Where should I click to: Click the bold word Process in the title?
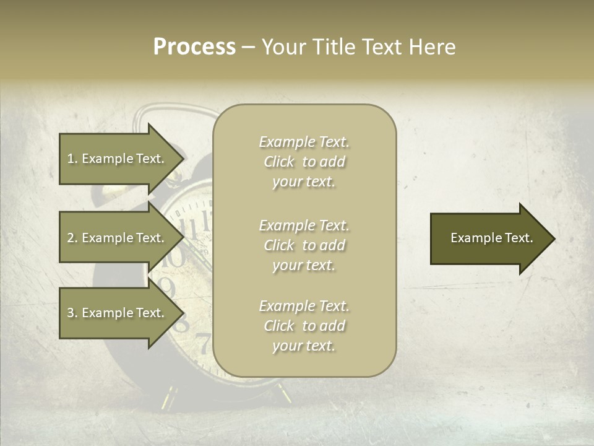[194, 47]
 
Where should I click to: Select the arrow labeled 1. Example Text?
[118, 159]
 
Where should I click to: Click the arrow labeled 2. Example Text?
[118, 238]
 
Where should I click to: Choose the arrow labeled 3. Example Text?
[118, 313]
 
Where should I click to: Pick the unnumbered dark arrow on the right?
[489, 238]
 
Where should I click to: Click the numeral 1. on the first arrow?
[72, 159]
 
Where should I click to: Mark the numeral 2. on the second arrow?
[72, 238]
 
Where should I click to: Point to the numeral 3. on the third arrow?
[72, 313]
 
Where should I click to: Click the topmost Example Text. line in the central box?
[304, 142]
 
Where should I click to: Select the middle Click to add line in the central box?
[304, 245]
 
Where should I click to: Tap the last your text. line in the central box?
[304, 346]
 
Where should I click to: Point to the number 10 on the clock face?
[174, 255]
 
